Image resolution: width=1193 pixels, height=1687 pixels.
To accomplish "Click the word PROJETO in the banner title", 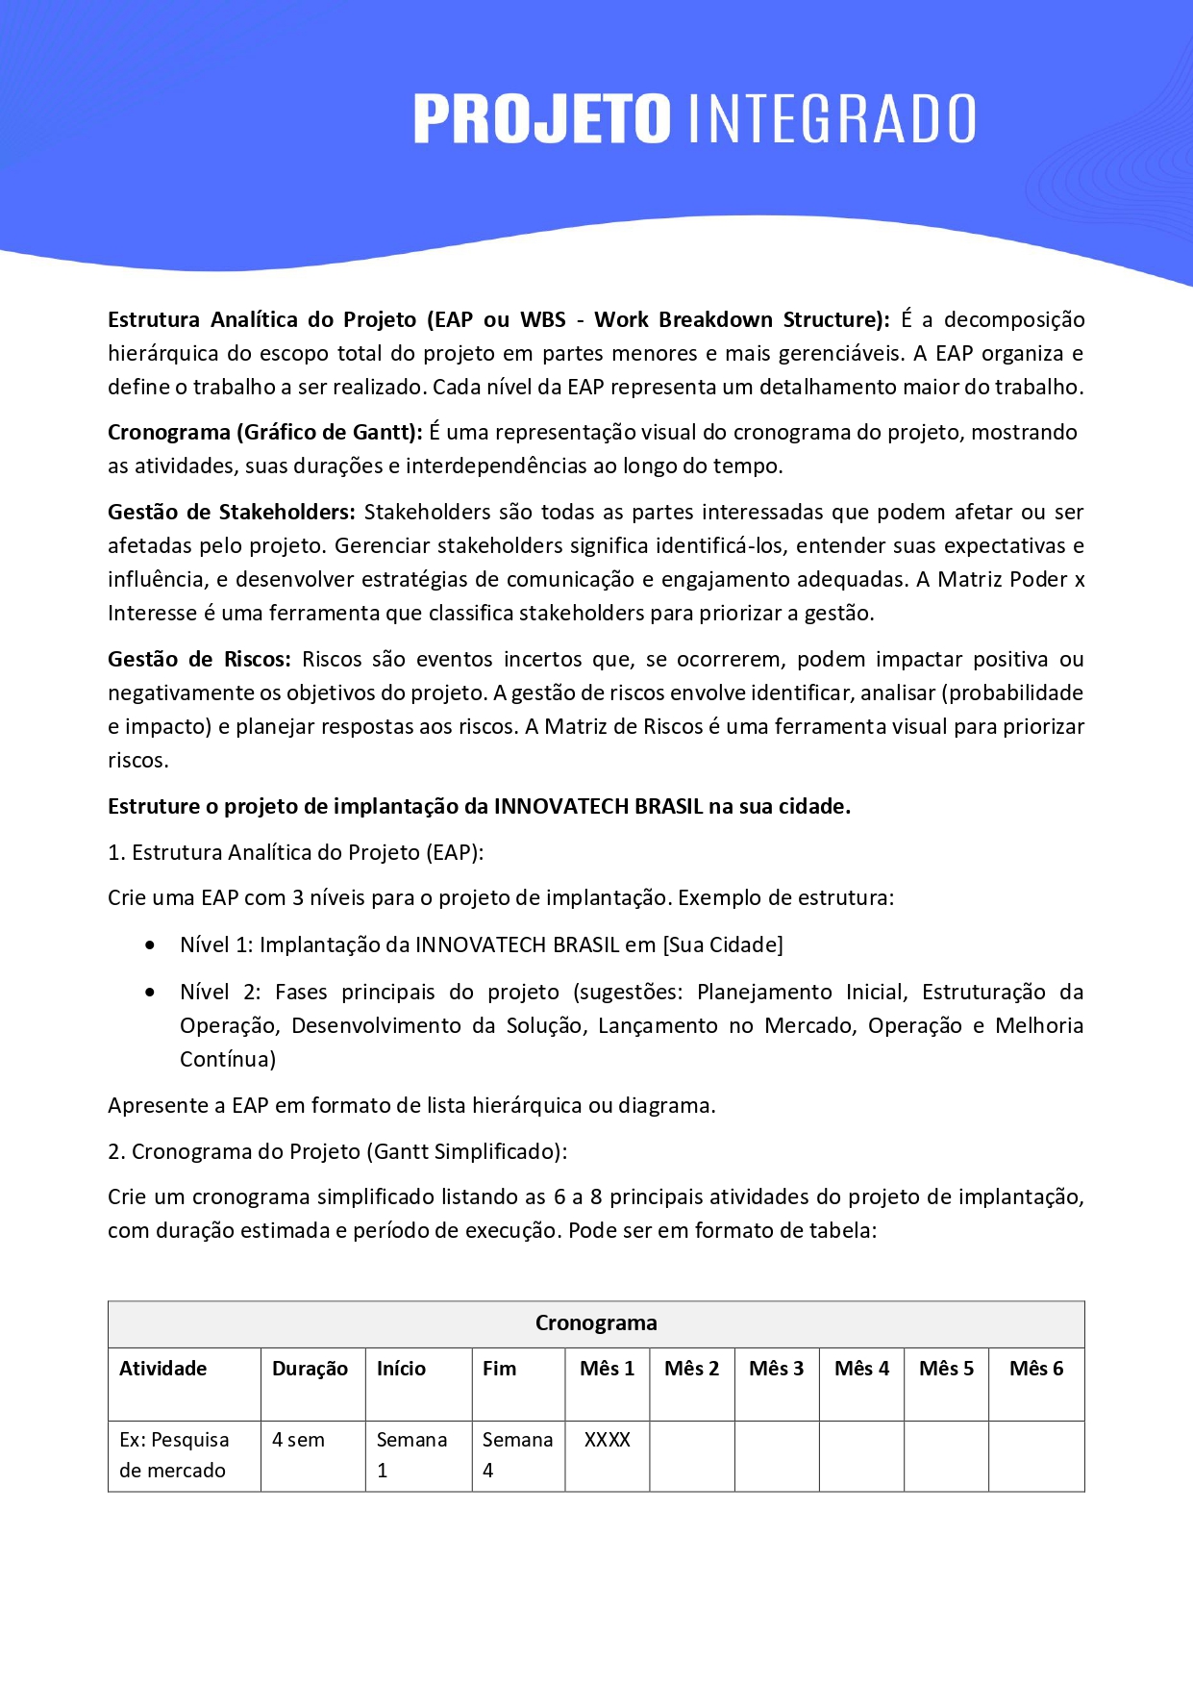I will [541, 119].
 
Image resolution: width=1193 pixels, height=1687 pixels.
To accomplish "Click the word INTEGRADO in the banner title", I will [833, 119].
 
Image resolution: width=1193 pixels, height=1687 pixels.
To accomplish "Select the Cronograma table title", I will [596, 1323].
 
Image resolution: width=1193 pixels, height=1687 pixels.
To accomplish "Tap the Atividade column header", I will [163, 1369].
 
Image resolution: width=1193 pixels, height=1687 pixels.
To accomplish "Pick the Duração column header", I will [310, 1369].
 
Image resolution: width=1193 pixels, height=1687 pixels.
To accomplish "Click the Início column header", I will [401, 1369].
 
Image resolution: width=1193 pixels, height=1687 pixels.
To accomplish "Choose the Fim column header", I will [499, 1369].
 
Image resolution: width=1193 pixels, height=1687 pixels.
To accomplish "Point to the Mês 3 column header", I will [776, 1369].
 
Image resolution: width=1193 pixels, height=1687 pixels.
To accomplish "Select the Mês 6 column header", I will [1035, 1369].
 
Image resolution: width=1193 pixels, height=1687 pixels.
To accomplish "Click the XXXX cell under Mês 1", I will [608, 1440].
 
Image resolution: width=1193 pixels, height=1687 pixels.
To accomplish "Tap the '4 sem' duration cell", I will [298, 1440].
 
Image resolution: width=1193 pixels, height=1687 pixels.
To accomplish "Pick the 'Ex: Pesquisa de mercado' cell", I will [174, 1455].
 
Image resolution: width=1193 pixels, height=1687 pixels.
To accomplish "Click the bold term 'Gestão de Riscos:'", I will [199, 660].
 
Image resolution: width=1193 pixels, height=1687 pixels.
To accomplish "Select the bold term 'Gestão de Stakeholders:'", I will [231, 513].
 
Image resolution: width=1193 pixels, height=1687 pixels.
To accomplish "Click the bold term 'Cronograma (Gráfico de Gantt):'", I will [264, 433].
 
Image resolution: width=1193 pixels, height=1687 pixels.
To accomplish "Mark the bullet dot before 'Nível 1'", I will [150, 945].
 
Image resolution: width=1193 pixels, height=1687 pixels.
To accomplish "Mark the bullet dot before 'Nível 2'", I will [150, 993].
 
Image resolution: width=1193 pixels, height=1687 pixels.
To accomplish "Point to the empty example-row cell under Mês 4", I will [861, 1455].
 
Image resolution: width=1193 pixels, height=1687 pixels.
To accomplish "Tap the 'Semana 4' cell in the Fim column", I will [517, 1455].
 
